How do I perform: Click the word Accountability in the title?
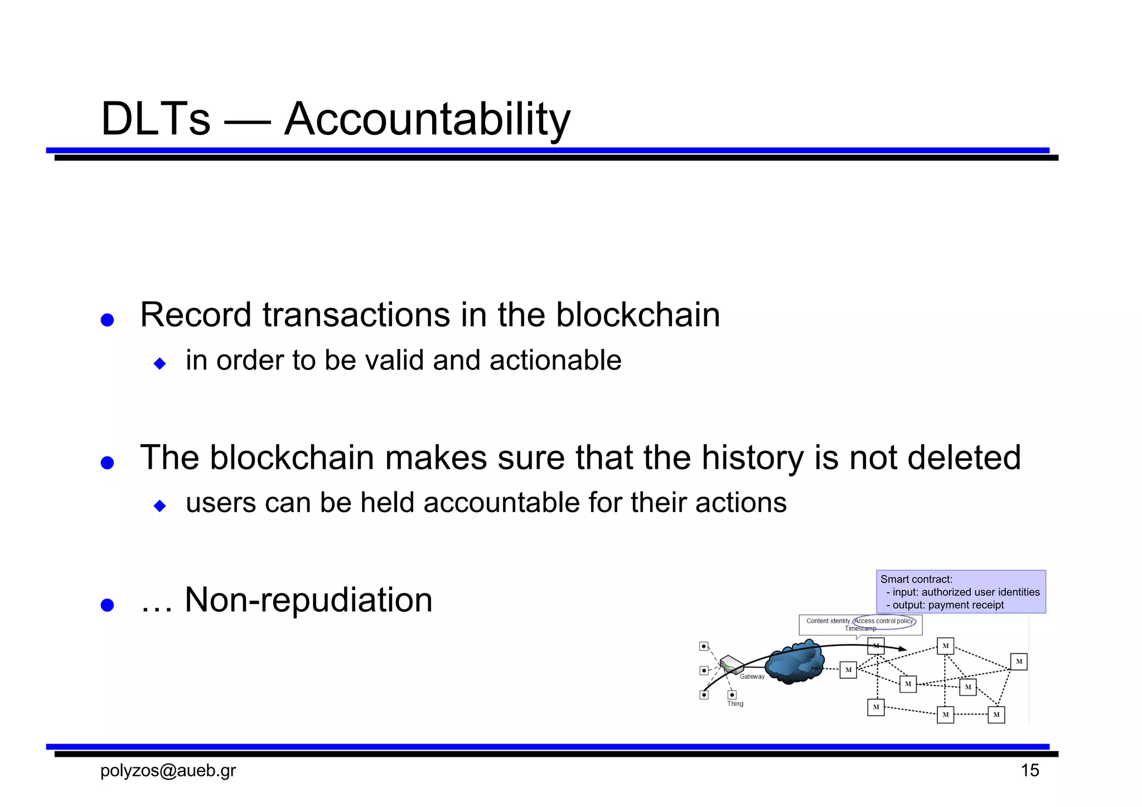(427, 119)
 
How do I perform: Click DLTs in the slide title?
(156, 119)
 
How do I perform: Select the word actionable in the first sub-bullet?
(555, 360)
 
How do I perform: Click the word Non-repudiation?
(308, 600)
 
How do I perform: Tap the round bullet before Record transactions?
(107, 320)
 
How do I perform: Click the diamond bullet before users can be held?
(160, 506)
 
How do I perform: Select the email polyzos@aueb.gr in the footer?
(168, 771)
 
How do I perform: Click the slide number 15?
(1029, 771)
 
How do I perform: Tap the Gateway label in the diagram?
(752, 677)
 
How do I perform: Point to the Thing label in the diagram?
(735, 704)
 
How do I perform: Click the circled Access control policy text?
(884, 621)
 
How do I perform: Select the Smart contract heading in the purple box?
(916, 580)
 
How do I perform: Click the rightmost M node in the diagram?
(1018, 662)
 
